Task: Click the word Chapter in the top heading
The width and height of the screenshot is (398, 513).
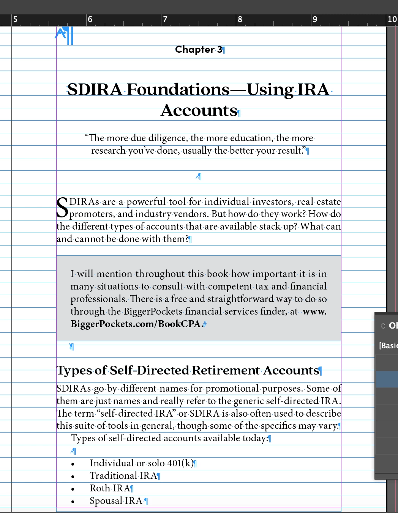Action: (195, 50)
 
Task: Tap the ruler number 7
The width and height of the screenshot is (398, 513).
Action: (165, 19)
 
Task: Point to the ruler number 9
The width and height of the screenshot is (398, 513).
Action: (315, 19)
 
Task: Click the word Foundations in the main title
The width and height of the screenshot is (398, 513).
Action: (178, 90)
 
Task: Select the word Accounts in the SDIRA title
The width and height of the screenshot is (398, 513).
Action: (199, 111)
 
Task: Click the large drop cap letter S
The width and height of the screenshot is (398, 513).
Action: (62, 208)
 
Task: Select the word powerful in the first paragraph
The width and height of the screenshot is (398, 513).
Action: (146, 202)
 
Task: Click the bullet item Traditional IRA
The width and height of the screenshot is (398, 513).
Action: (123, 476)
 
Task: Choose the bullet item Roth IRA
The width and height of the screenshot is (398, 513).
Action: (110, 488)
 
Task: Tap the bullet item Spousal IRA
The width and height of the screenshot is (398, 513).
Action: (116, 501)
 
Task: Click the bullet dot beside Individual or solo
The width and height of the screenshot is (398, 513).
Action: (73, 464)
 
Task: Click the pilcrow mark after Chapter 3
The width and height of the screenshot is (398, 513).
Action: (224, 50)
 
